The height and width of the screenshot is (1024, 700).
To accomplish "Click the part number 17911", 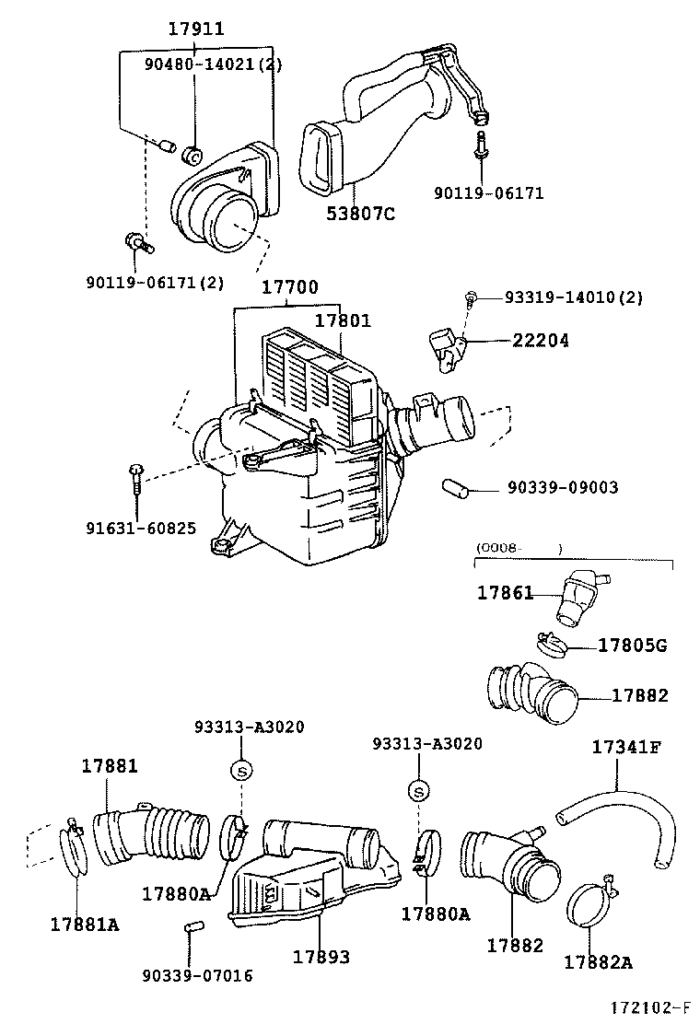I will click(x=195, y=29).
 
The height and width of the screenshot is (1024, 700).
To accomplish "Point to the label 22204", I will click(x=541, y=341).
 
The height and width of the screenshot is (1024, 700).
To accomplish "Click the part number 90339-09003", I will click(x=562, y=488).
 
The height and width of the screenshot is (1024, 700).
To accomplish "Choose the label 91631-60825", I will click(x=141, y=528).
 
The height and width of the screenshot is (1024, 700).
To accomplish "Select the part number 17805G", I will click(x=632, y=646).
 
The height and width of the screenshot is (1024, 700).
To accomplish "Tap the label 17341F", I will click(x=625, y=747).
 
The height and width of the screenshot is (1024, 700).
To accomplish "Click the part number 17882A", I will click(x=598, y=962).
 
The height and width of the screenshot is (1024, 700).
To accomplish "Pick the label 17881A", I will click(x=85, y=924).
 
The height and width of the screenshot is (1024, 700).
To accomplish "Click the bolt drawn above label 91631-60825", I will click(x=136, y=477).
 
